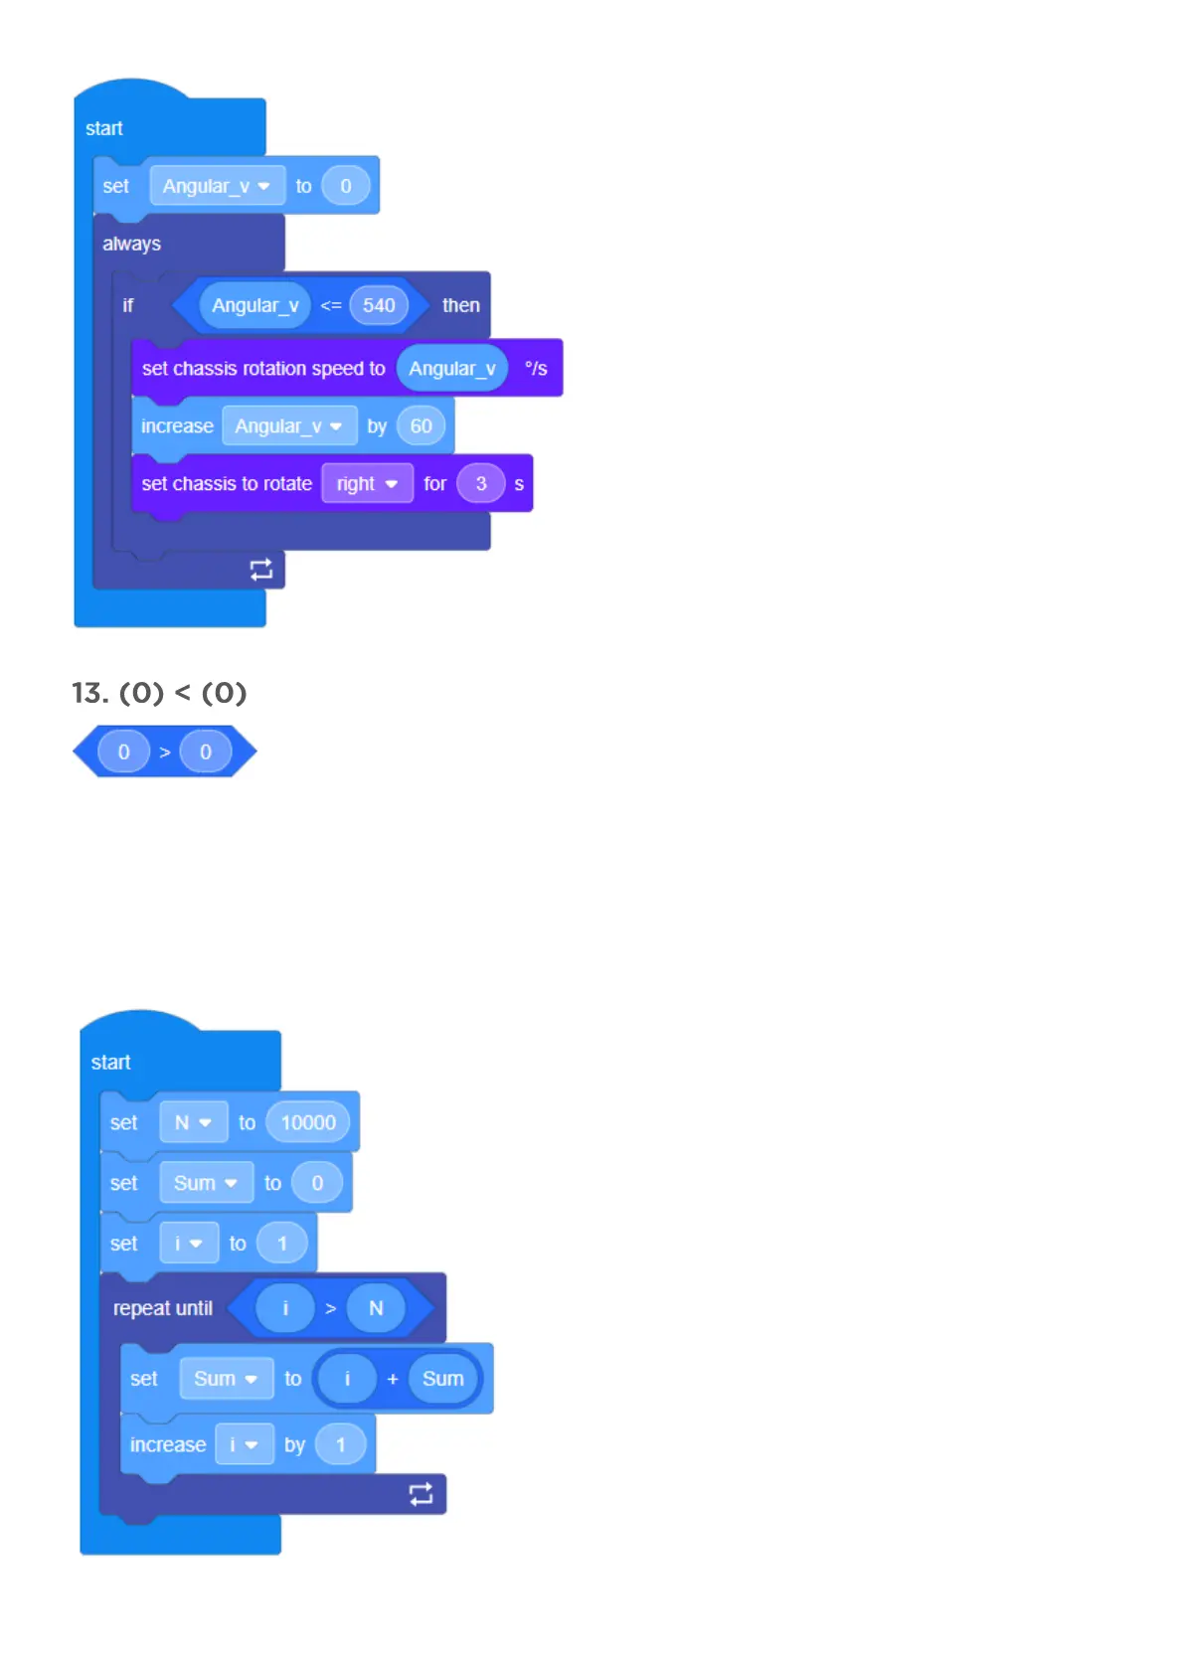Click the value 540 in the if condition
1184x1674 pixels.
(x=379, y=305)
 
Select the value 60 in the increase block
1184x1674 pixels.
(x=421, y=426)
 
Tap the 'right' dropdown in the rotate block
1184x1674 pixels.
(x=367, y=484)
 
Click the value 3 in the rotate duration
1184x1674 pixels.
(x=481, y=484)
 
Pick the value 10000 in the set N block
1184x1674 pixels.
(x=308, y=1123)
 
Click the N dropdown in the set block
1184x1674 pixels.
(x=193, y=1123)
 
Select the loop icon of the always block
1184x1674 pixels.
(x=260, y=570)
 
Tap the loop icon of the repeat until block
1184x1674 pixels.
(x=421, y=1494)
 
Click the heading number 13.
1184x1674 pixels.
(x=89, y=693)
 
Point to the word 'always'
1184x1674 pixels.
(x=131, y=245)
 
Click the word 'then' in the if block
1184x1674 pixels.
(x=460, y=305)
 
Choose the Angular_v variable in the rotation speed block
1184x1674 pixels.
(x=452, y=369)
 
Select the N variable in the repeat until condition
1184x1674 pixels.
(x=376, y=1308)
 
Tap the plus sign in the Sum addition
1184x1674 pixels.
(x=393, y=1379)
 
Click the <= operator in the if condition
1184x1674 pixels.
(x=331, y=305)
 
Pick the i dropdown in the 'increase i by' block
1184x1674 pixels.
(x=243, y=1444)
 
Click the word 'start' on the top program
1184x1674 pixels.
(x=104, y=128)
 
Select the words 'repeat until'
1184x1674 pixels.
(x=163, y=1308)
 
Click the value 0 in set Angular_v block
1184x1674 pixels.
(x=346, y=186)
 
